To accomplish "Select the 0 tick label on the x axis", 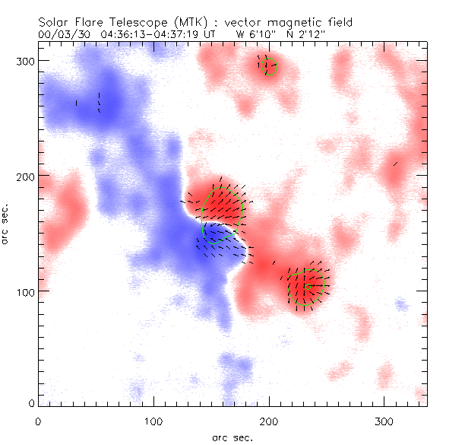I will coord(38,420).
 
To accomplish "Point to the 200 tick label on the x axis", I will coord(268,420).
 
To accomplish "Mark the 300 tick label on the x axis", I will coord(384,420).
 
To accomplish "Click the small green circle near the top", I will coord(268,66).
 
